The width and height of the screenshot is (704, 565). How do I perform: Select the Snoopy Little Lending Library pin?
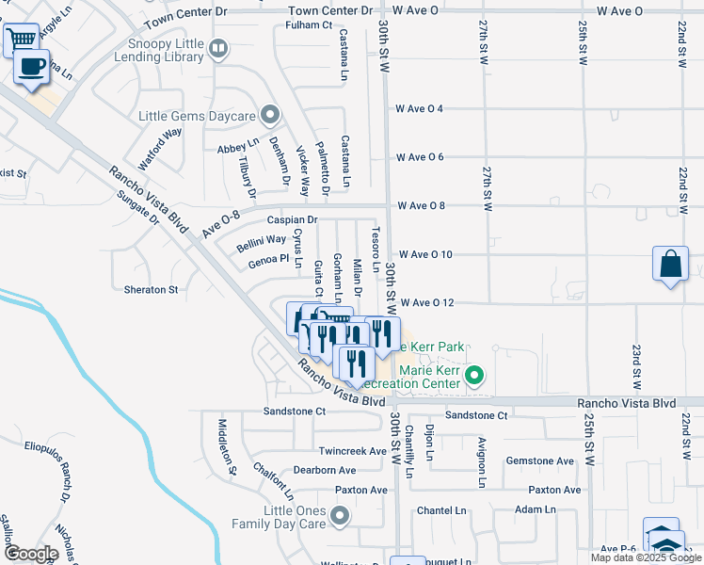click(218, 47)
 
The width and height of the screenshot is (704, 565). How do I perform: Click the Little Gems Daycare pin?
click(270, 116)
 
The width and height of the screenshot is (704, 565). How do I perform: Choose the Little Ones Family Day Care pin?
click(339, 515)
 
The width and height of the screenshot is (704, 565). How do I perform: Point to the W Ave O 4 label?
click(420, 108)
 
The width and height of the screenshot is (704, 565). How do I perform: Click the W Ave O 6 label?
click(420, 157)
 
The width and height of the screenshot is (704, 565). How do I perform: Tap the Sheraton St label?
click(151, 290)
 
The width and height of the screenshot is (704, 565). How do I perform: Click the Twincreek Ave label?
click(353, 451)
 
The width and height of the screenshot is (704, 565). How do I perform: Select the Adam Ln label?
click(536, 508)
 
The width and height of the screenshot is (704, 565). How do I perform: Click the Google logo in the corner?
click(30, 553)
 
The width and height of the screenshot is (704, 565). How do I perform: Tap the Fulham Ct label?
click(311, 24)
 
